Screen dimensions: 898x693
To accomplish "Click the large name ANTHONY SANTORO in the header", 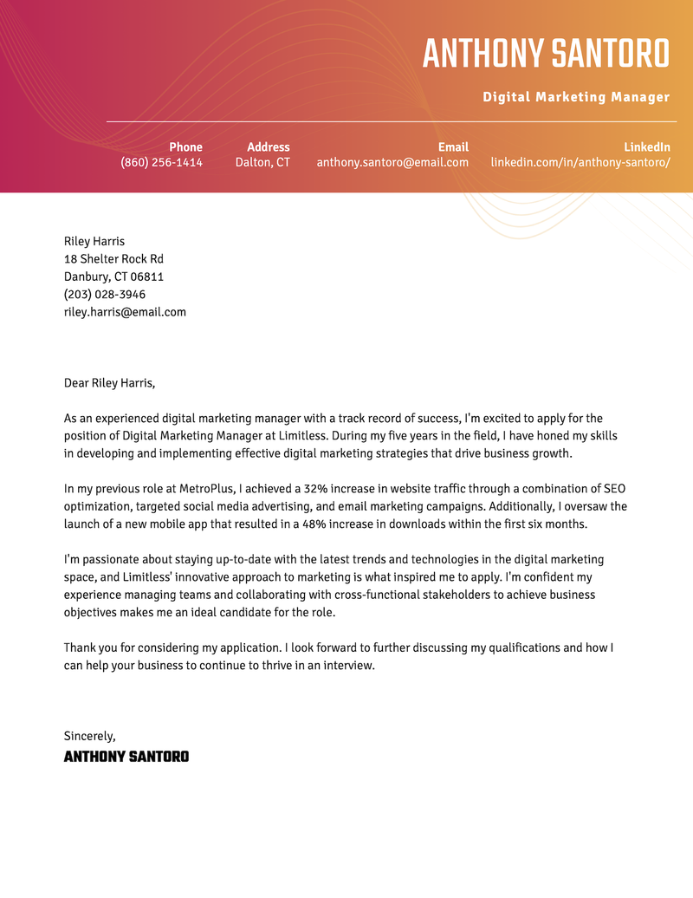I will (x=546, y=54).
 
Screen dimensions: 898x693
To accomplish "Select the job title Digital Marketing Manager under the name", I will (x=576, y=97).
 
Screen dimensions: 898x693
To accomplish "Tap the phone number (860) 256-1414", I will (x=161, y=162).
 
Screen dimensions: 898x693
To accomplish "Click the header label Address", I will (x=269, y=147).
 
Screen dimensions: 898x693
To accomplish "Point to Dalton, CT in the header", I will (x=262, y=162).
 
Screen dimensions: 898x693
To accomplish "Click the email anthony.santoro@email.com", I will (x=392, y=162).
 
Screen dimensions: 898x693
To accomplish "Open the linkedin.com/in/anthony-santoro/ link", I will (x=580, y=162).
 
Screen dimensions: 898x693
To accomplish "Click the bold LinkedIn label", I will (x=647, y=147).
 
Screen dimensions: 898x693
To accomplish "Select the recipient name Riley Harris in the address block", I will (x=94, y=241).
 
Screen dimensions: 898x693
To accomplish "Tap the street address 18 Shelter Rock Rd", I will (x=113, y=259).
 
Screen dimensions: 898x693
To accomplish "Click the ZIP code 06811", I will (x=146, y=277).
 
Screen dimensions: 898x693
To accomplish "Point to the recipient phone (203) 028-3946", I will (x=105, y=295).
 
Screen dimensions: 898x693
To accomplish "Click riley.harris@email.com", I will (x=125, y=312).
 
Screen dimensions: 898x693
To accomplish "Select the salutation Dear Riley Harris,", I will (x=109, y=383).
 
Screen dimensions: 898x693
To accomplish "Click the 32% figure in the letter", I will (x=317, y=489).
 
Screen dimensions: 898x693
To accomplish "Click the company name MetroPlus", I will (x=206, y=489).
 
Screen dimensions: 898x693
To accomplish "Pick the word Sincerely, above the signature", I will (x=89, y=736).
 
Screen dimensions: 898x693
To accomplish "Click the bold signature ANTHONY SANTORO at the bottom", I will (x=126, y=757).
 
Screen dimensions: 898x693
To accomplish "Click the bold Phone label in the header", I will (x=185, y=147).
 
